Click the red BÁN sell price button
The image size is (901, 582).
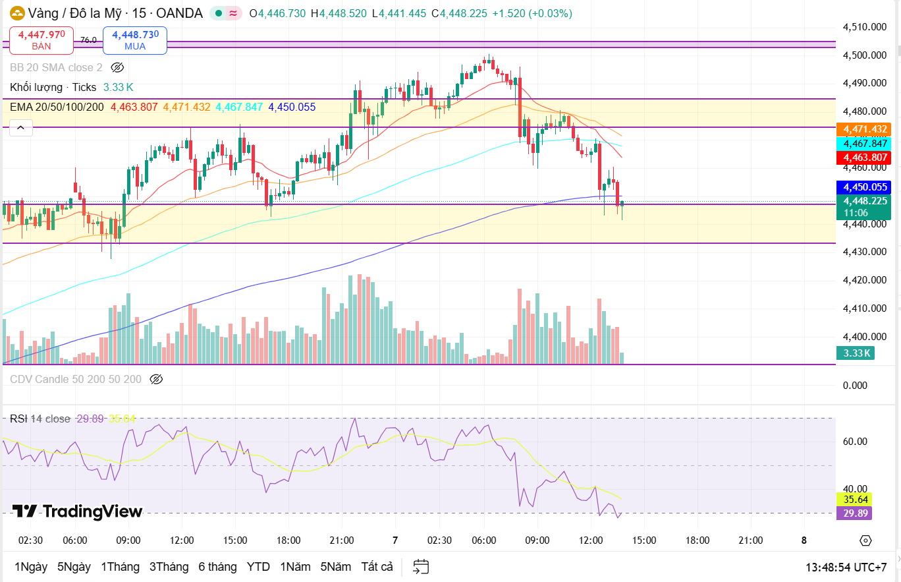pyautogui.click(x=41, y=40)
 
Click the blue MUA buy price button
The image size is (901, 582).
pyautogui.click(x=134, y=40)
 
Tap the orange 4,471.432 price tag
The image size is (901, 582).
pyautogui.click(x=863, y=129)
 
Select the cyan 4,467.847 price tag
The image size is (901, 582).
pyautogui.click(x=863, y=144)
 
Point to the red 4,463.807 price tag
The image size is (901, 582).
pyautogui.click(x=863, y=158)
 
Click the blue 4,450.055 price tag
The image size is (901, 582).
pyautogui.click(x=863, y=187)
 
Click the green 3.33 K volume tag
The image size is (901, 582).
pyautogui.click(x=856, y=353)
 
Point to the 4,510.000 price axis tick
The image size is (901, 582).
pyautogui.click(x=863, y=27)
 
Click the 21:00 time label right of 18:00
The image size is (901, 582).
pyautogui.click(x=750, y=540)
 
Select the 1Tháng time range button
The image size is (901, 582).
pyautogui.click(x=120, y=567)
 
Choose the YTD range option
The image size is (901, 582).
pyautogui.click(x=258, y=567)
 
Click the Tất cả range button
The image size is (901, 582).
pyautogui.click(x=377, y=567)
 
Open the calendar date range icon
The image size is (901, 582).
pyautogui.click(x=421, y=567)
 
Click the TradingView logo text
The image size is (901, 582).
pyautogui.click(x=78, y=511)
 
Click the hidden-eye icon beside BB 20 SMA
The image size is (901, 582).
pyautogui.click(x=117, y=67)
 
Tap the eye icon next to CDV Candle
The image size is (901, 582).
pyautogui.click(x=156, y=379)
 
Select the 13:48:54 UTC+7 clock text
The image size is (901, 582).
pyautogui.click(x=846, y=567)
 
